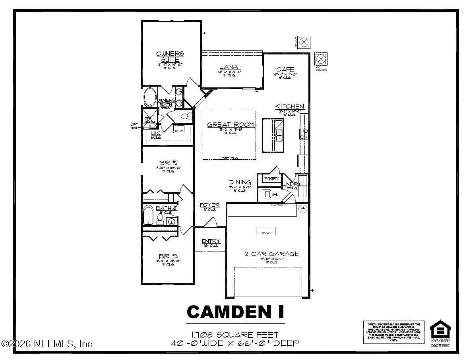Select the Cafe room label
click(285, 70)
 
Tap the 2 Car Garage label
click(272, 254)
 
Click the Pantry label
click(271, 179)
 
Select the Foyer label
click(209, 205)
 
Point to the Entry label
click(211, 241)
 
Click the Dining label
click(239, 182)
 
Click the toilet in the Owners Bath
click(187, 117)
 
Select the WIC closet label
click(155, 134)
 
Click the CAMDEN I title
click(235, 312)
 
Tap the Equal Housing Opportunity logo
click(440, 331)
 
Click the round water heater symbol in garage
click(303, 208)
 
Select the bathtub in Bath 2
click(148, 215)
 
